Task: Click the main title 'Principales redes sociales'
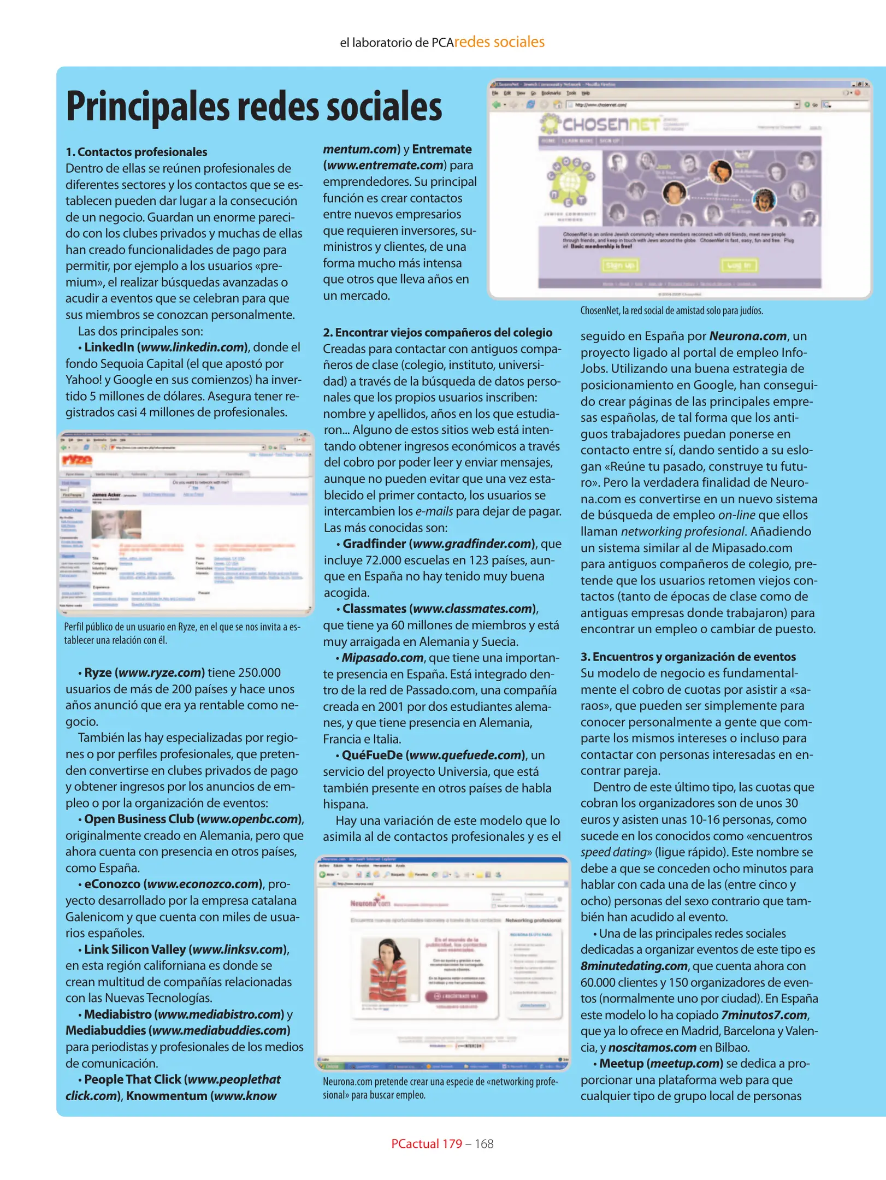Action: point(254,107)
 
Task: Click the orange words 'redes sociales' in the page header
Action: point(499,42)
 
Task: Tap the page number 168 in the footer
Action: point(485,1144)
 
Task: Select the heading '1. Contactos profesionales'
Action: point(137,152)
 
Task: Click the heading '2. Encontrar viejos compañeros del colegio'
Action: point(438,333)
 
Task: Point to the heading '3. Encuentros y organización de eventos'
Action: point(688,657)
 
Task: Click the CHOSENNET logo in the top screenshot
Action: point(601,125)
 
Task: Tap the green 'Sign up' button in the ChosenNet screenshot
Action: point(620,265)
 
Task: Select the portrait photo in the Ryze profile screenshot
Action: point(116,524)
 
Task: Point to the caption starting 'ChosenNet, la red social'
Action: point(671,311)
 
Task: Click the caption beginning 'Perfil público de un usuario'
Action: point(182,633)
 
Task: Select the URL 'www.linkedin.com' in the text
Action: point(192,347)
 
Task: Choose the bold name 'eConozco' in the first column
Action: point(112,884)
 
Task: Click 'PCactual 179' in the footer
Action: point(427,1144)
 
